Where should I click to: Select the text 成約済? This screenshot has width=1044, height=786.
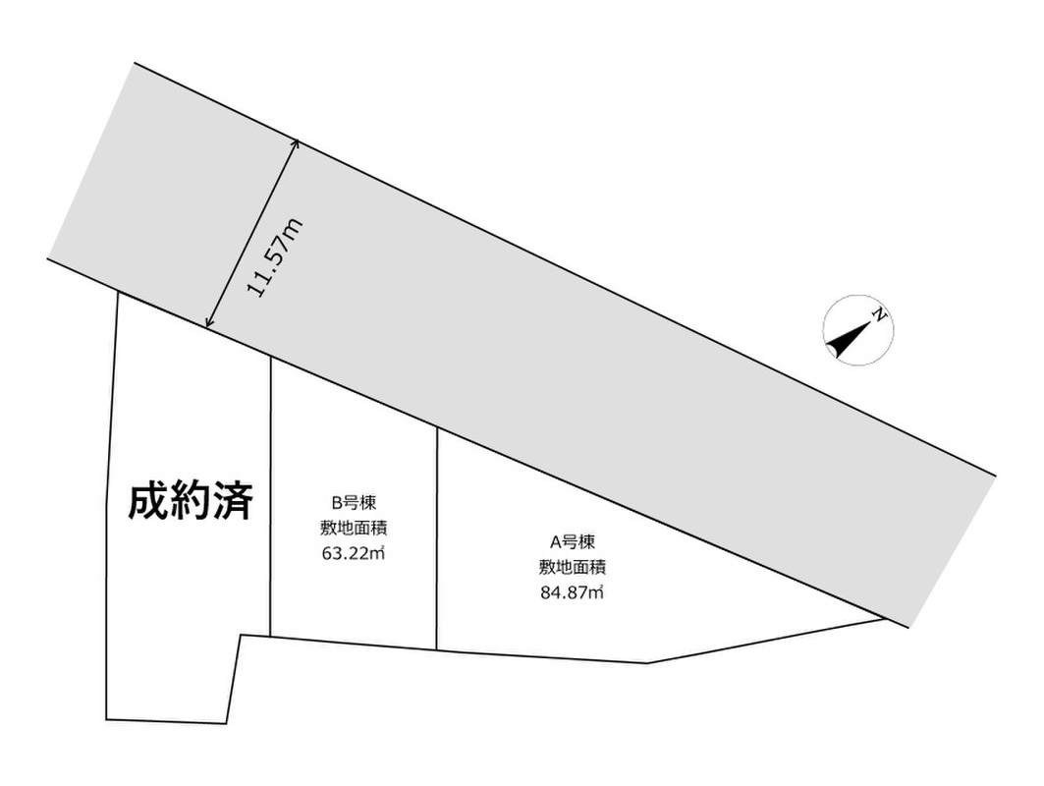click(x=192, y=502)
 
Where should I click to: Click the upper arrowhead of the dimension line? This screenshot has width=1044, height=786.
click(x=294, y=144)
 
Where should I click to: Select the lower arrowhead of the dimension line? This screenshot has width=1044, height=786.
click(x=209, y=323)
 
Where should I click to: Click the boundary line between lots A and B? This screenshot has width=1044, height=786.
click(x=436, y=540)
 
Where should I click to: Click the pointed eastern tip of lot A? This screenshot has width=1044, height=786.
click(x=882, y=618)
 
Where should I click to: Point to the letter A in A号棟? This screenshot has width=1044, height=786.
click(x=554, y=540)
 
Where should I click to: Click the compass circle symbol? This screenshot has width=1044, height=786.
click(x=857, y=331)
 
